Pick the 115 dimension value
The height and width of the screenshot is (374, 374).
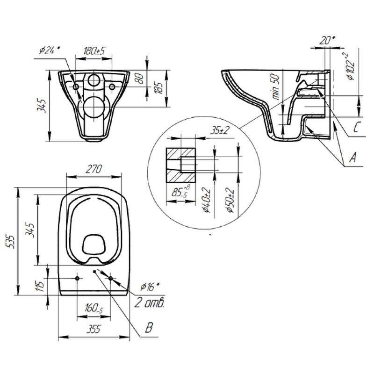coord(41,284)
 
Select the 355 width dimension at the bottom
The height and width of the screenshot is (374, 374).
coord(94,330)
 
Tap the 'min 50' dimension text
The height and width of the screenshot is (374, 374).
coord(275,87)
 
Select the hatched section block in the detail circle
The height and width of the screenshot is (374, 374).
coord(180,165)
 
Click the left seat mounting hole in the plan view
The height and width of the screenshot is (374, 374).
coord(77,279)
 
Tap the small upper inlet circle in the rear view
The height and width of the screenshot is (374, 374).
coord(94,80)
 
